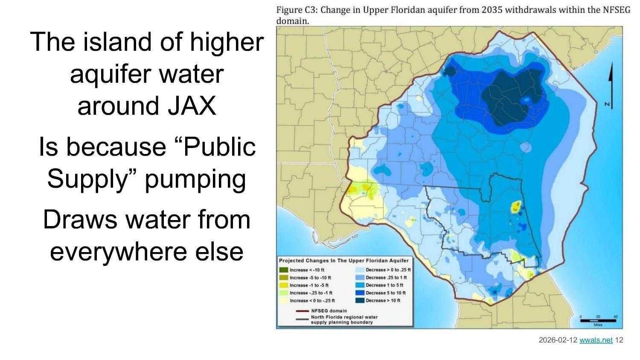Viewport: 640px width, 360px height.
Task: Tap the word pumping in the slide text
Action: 195,179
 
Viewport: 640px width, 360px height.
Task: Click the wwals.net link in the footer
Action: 596,340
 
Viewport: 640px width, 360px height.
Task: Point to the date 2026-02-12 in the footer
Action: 558,340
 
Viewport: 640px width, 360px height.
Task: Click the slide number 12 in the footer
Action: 619,340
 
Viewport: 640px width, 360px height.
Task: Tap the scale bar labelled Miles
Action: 597,320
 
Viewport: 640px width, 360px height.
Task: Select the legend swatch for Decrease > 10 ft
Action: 360,301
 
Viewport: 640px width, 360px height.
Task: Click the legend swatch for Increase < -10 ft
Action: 283,270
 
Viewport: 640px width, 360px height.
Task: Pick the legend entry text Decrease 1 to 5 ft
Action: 384,285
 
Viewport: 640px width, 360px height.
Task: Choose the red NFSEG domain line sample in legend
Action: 303,311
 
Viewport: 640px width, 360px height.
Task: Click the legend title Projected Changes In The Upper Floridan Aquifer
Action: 343,261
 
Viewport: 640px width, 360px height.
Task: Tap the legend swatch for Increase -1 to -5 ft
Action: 283,285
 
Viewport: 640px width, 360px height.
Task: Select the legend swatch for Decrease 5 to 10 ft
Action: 360,293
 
